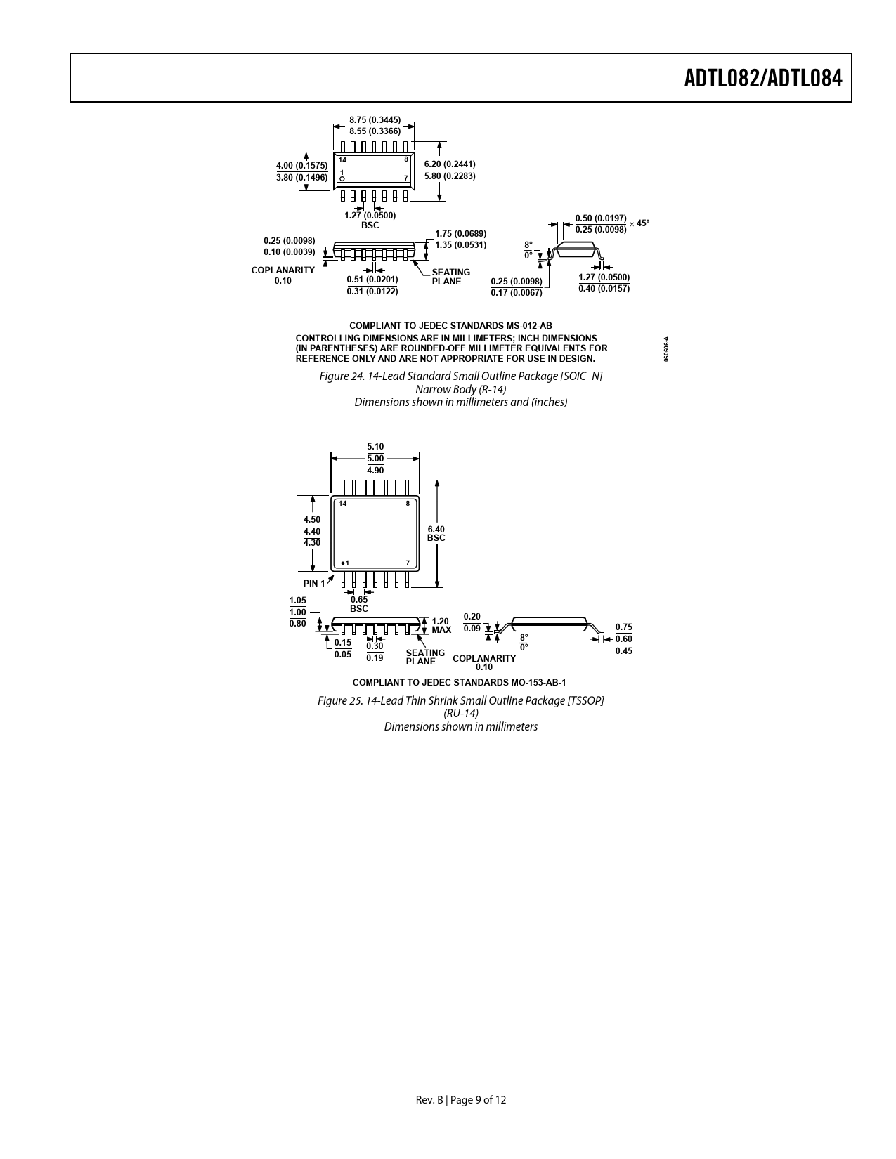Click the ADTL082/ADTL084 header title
click(763, 79)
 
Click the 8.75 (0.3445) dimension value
click(375, 120)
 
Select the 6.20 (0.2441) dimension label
click(450, 164)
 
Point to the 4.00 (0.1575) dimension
click(302, 166)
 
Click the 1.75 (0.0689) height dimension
click(460, 234)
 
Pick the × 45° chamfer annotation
click(639, 223)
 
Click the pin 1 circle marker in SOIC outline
click(342, 178)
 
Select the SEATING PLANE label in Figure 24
click(451, 277)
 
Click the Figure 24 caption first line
click(460, 376)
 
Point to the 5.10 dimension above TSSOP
click(375, 447)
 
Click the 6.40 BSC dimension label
click(436, 533)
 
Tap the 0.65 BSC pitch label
click(359, 604)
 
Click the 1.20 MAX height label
click(441, 626)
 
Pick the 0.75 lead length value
click(624, 627)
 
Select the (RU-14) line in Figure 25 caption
click(460, 713)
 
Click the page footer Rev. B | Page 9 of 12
click(460, 1100)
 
